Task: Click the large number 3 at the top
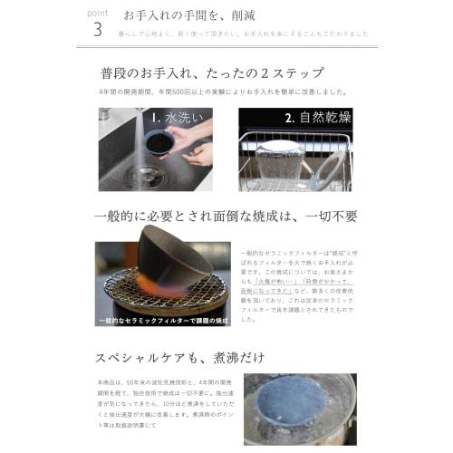click(x=97, y=29)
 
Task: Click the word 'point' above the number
click(x=101, y=13)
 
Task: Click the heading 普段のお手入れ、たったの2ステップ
click(x=213, y=73)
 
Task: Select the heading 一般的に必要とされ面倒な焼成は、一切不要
click(x=226, y=217)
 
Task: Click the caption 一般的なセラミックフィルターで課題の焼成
click(x=150, y=320)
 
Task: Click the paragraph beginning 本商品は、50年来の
click(x=164, y=408)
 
